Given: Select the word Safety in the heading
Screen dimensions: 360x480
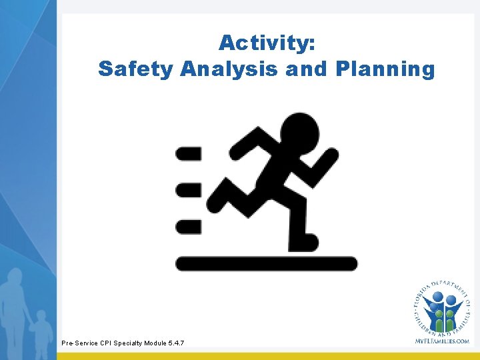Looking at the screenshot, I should click(x=135, y=69).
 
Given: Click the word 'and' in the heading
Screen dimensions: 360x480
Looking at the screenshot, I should click(x=307, y=69).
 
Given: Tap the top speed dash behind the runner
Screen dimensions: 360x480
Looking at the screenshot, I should click(x=188, y=154).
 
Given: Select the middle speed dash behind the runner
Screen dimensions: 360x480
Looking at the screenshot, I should click(x=188, y=190).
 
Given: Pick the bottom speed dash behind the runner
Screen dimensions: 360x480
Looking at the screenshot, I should click(x=188, y=227).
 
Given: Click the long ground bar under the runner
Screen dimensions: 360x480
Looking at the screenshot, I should click(x=266, y=263).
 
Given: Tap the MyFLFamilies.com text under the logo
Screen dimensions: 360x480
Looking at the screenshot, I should click(x=441, y=341).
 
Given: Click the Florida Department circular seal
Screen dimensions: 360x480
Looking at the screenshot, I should click(x=441, y=307).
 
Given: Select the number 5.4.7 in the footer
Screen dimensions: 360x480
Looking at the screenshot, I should click(x=175, y=343).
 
